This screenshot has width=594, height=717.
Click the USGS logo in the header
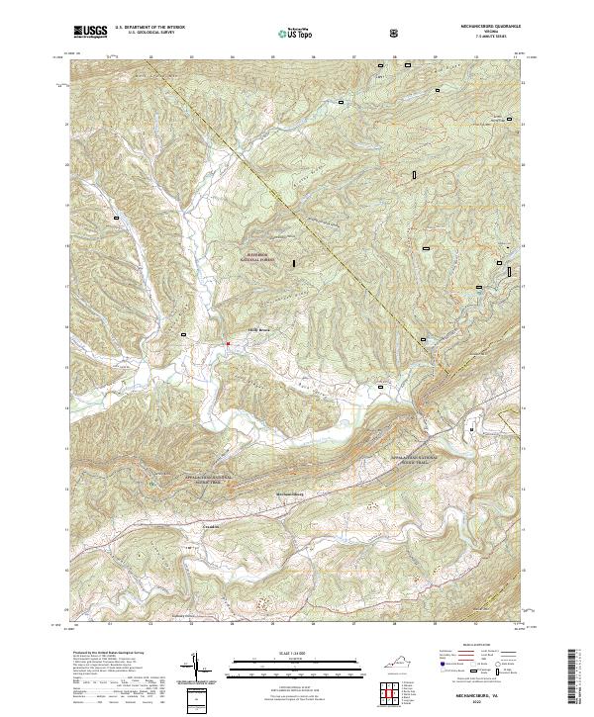pyautogui.click(x=90, y=32)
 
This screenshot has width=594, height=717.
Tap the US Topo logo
pyautogui.click(x=287, y=33)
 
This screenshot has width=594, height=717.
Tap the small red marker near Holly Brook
pyautogui.click(x=229, y=343)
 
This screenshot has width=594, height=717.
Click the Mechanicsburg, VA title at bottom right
pyautogui.click(x=487, y=695)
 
